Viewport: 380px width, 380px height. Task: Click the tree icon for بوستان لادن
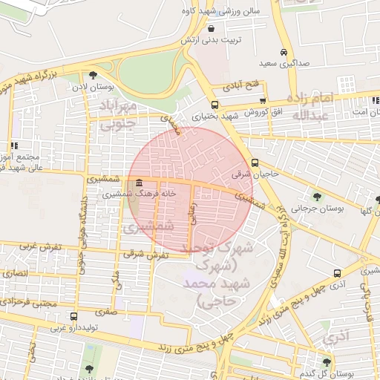[93, 75]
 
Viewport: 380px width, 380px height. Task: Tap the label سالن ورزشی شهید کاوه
[216, 12]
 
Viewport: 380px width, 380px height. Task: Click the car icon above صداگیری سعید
[284, 53]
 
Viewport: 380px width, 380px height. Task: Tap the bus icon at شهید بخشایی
[214, 105]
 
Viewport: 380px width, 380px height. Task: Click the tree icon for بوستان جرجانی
[317, 197]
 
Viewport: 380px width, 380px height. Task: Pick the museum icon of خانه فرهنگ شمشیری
[139, 184]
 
